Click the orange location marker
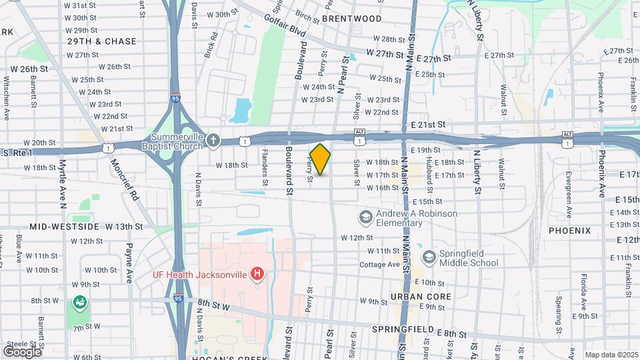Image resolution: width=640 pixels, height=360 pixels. tap(320, 159)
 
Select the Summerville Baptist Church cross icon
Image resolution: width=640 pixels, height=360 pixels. tap(213, 139)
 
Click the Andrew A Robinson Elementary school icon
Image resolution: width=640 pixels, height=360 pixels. tap(365, 217)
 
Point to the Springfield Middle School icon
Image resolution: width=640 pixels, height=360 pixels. tap(429, 257)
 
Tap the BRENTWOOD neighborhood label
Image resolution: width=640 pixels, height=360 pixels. tap(351, 19)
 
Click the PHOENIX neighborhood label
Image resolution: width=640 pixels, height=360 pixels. tap(569, 231)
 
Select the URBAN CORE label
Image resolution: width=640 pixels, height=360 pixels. tap(421, 296)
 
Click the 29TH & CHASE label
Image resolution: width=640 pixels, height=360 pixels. tap(101, 41)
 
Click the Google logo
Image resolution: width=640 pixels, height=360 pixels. tap(22, 351)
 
